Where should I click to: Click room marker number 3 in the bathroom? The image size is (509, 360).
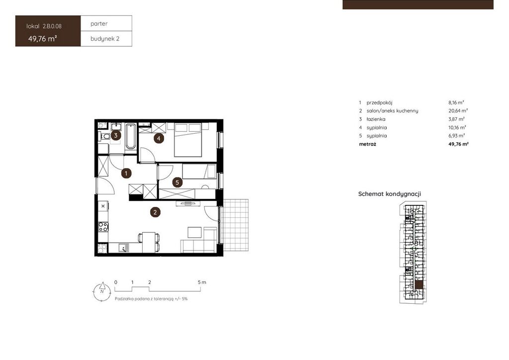pyautogui.click(x=115, y=135)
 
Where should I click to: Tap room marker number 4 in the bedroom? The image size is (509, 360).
pyautogui.click(x=159, y=139)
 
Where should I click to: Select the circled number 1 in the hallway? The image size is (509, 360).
pyautogui.click(x=126, y=174)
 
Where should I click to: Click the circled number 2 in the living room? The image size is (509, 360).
pyautogui.click(x=155, y=212)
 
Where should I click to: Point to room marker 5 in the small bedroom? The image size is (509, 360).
pyautogui.click(x=177, y=182)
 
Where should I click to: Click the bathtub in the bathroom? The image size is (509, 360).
pyautogui.click(x=131, y=136)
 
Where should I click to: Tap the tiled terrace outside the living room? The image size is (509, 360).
pyautogui.click(x=236, y=225)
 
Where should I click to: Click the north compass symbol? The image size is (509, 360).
pyautogui.click(x=102, y=291)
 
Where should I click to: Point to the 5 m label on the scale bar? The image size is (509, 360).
pyautogui.click(x=202, y=282)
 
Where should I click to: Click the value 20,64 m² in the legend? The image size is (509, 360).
pyautogui.click(x=458, y=111)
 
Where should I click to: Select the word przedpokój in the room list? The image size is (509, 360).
pyautogui.click(x=379, y=102)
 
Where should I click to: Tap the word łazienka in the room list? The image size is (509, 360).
pyautogui.click(x=376, y=119)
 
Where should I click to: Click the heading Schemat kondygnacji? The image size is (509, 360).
pyautogui.click(x=390, y=194)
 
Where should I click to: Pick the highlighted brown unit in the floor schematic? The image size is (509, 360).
pyautogui.click(x=419, y=284)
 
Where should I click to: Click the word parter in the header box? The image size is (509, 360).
pyautogui.click(x=99, y=24)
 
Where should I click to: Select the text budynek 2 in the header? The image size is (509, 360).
pyautogui.click(x=105, y=39)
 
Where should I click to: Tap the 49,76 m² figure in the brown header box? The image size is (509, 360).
pyautogui.click(x=43, y=39)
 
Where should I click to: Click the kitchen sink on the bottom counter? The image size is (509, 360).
pyautogui.click(x=123, y=248)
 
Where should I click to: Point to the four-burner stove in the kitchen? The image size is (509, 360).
pyautogui.click(x=103, y=227)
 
